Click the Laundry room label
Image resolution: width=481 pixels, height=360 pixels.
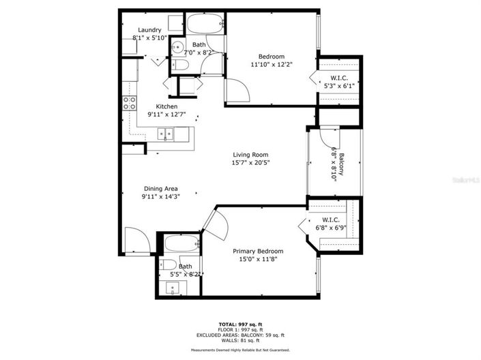point(149,30)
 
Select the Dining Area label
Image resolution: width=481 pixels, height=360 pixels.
point(161,189)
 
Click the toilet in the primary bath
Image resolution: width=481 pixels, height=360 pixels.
point(169,265)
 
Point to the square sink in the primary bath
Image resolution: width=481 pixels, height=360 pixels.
point(174,288)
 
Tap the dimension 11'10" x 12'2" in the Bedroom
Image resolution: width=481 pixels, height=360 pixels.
point(271,65)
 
